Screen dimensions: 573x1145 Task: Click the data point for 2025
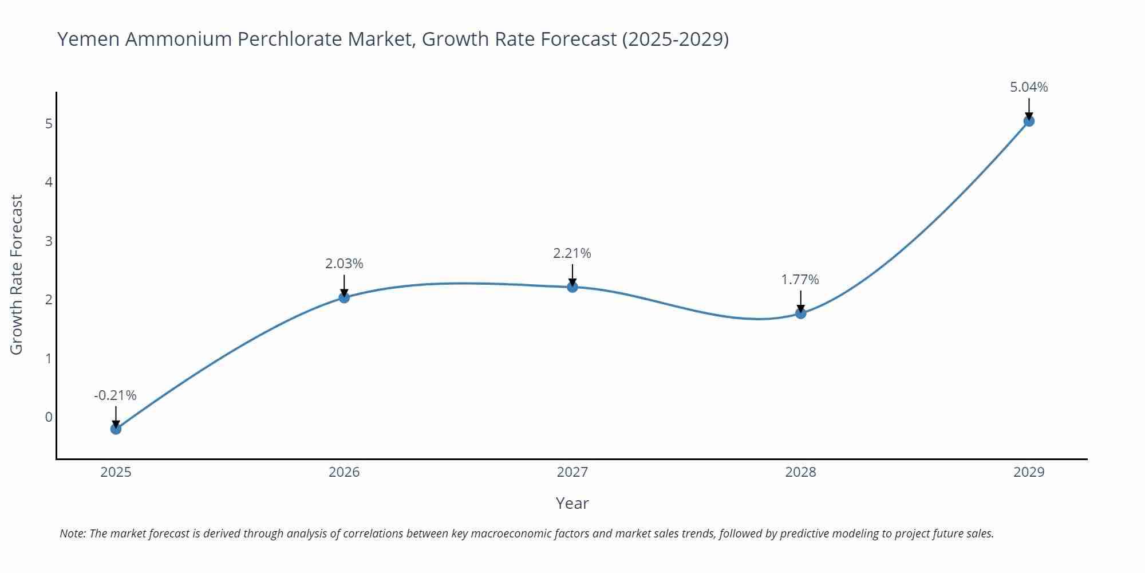[x=116, y=429]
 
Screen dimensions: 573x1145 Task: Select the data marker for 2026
[x=344, y=297]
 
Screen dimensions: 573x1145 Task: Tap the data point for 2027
[x=572, y=287]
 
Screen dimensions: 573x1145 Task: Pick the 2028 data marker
[x=800, y=313]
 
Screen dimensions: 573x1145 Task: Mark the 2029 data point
[x=1029, y=121]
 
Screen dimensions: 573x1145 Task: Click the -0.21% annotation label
[x=115, y=395]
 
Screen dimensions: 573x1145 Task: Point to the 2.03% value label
[x=344, y=264]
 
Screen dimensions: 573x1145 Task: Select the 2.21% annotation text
[x=572, y=253]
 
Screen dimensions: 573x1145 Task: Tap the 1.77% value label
[x=800, y=280]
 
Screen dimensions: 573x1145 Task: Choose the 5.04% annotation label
[x=1029, y=87]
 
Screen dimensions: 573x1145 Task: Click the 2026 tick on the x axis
[x=344, y=472]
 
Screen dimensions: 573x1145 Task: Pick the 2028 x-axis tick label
[x=800, y=472]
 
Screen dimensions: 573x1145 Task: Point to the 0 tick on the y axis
[x=49, y=417]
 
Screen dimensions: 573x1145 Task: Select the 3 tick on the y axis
[x=49, y=241]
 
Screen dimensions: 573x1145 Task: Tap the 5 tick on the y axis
[x=49, y=124]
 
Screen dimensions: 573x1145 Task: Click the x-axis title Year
[x=572, y=503]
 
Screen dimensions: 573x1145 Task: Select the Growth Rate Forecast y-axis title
[x=17, y=274]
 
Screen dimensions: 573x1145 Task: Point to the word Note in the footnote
[x=72, y=533]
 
